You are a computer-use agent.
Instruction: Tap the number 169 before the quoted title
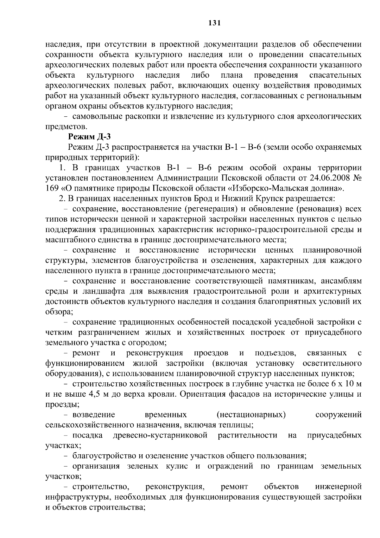point(52,188)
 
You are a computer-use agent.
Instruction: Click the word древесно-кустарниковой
point(160,436)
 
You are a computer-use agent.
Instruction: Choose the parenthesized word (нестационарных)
point(251,415)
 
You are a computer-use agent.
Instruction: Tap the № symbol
point(357,178)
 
